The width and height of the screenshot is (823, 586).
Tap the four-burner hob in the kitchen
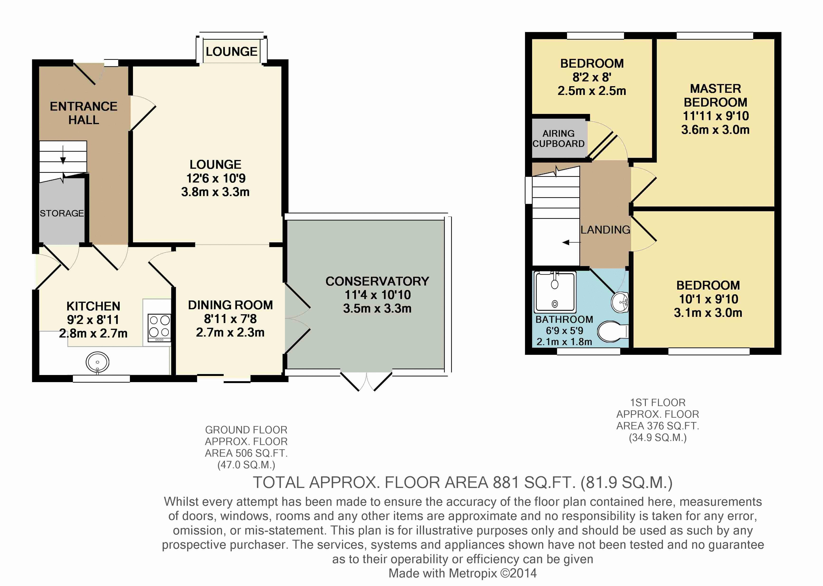(159, 328)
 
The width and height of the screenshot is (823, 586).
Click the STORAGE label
(62, 213)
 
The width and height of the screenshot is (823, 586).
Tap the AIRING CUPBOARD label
(558, 139)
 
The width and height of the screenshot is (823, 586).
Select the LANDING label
(605, 230)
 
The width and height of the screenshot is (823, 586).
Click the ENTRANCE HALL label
(84, 113)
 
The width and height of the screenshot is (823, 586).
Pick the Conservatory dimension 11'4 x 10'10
(378, 295)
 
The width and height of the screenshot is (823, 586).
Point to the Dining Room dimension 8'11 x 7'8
(230, 319)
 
